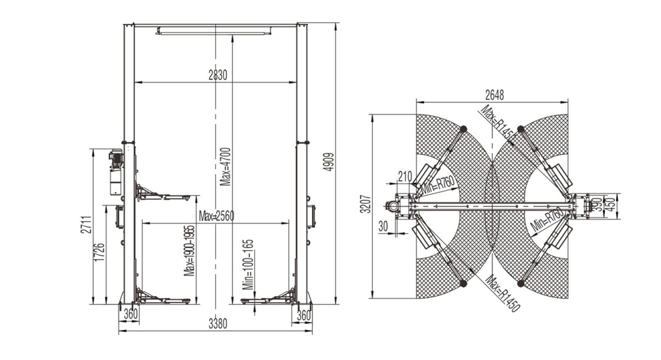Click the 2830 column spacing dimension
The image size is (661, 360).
pos(217,75)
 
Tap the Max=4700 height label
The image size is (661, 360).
pos(226,166)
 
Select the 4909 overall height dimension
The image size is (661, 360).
pos(330,162)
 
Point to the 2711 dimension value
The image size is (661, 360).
pos(86,225)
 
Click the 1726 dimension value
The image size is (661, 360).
pos(99,252)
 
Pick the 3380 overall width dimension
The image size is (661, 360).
pos(217,324)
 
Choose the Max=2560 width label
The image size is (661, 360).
pos(216,216)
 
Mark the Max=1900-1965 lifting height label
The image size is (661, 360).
pos(189,251)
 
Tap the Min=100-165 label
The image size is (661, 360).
pos(249,265)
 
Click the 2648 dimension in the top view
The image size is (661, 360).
pos(494,95)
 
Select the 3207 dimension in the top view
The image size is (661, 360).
pos(367,204)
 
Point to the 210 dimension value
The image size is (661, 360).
pos(405,176)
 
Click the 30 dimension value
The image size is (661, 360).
pos(383,226)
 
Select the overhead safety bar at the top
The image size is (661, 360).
pos(213,31)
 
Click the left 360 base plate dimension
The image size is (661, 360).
pos(131,314)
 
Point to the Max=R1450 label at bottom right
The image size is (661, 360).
pos(502,294)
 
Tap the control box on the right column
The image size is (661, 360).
pos(311,217)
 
